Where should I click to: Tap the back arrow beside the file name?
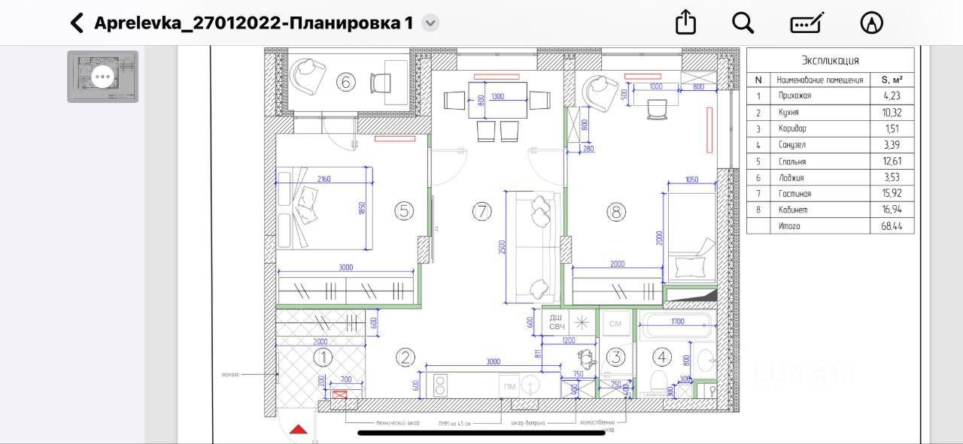tap(77, 23)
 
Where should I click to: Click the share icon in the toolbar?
tap(685, 23)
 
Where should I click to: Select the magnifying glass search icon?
tap(743, 23)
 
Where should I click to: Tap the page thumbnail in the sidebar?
tap(102, 76)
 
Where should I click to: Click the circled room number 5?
tap(404, 211)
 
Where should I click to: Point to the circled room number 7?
tap(481, 212)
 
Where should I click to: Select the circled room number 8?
tap(616, 213)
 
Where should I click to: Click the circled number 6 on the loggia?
tap(345, 82)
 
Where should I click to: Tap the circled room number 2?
tap(406, 358)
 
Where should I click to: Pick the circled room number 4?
tap(661, 357)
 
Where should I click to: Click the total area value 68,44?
tap(891, 226)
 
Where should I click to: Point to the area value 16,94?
tap(891, 210)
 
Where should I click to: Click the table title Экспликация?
tap(830, 61)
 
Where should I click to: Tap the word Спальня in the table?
tap(792, 162)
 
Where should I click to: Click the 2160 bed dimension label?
tap(324, 179)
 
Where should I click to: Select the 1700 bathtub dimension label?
tap(678, 322)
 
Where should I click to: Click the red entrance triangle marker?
tap(299, 430)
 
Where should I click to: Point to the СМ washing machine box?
tap(615, 324)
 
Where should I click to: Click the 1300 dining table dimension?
tap(498, 97)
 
